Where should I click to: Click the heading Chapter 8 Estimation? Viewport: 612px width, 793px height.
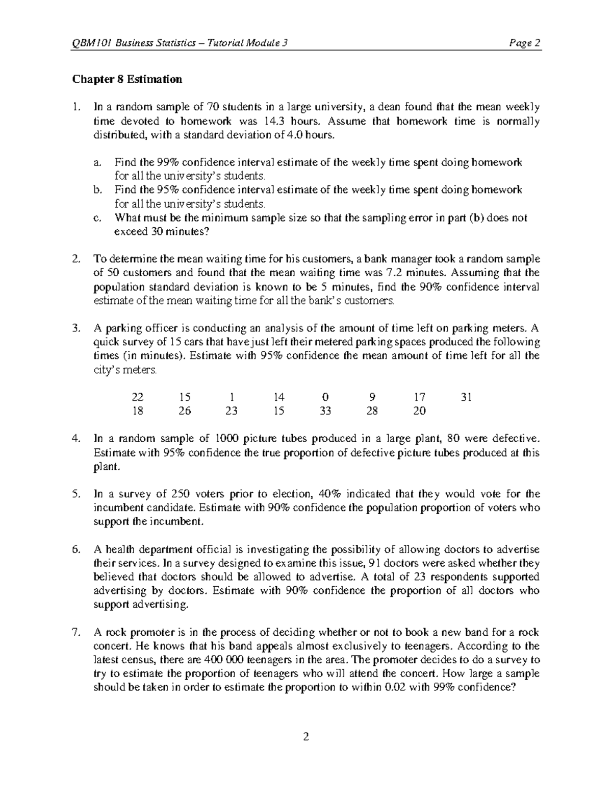[127, 79]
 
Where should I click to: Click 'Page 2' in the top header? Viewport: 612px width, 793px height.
[527, 43]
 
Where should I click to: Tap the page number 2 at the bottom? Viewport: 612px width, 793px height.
[306, 737]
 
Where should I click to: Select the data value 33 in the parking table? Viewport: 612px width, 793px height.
[325, 411]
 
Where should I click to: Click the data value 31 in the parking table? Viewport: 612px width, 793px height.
[466, 397]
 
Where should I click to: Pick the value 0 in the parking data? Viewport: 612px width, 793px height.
[325, 397]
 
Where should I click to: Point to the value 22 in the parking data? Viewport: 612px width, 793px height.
[138, 397]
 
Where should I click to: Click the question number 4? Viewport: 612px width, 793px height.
[76, 439]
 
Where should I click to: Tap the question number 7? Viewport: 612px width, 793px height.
[76, 632]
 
